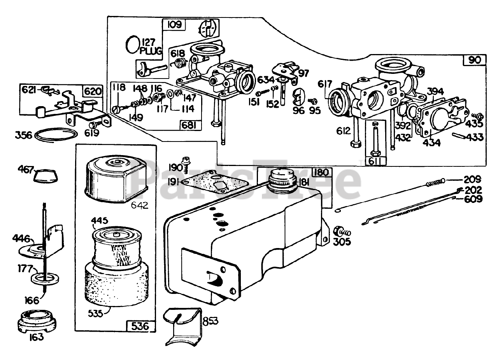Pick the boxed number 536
point(140,326)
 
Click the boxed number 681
point(189,125)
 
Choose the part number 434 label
point(432,142)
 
